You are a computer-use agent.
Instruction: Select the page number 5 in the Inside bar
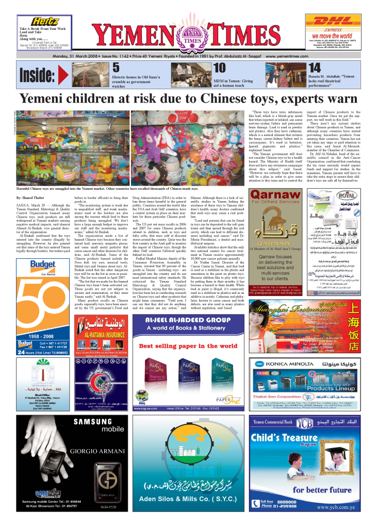(x=116, y=68)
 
